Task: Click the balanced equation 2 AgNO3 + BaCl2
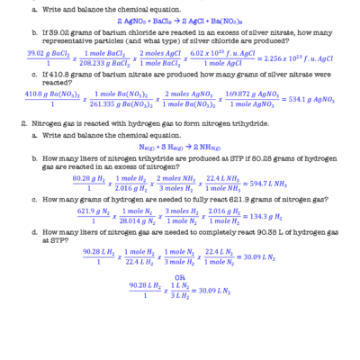(x=179, y=20)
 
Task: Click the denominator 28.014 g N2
(x=137, y=222)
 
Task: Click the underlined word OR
(x=179, y=276)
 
